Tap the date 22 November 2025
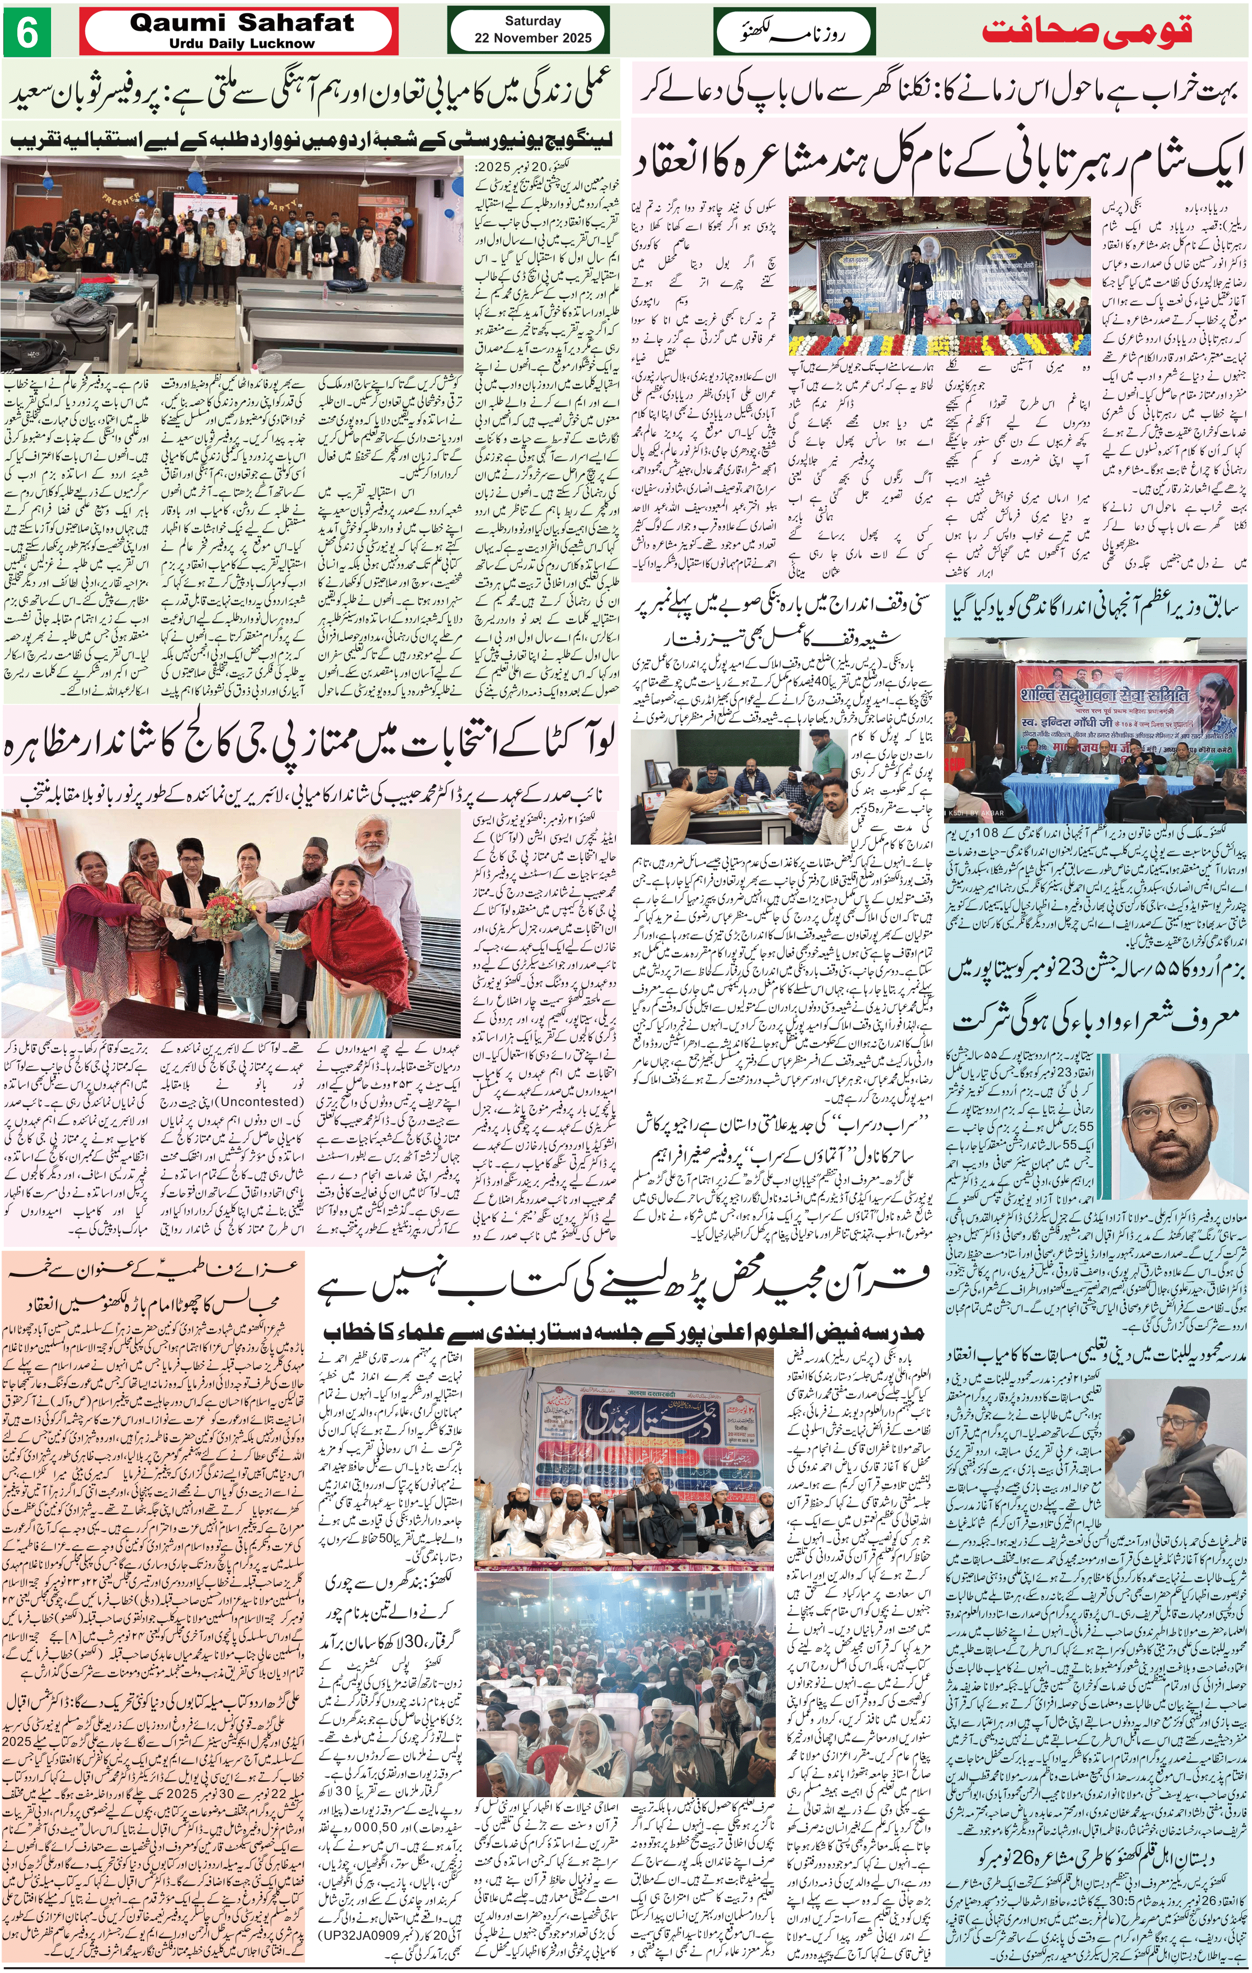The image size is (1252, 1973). (x=533, y=38)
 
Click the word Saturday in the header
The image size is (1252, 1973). (x=533, y=21)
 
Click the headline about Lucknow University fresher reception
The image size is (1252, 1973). (x=311, y=139)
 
